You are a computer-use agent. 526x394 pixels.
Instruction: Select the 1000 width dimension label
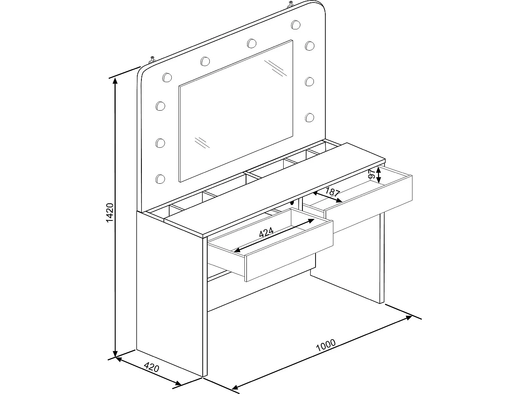click(326, 345)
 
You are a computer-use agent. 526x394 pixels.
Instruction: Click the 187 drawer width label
click(332, 191)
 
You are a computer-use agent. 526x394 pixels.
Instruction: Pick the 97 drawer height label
click(372, 174)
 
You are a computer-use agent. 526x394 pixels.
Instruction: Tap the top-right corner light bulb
click(295, 24)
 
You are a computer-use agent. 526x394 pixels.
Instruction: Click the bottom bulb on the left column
click(160, 178)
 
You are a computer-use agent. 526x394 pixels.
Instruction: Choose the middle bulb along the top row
click(251, 42)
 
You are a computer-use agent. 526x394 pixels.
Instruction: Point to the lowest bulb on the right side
click(309, 117)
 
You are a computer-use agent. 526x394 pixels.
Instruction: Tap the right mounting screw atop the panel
click(290, 5)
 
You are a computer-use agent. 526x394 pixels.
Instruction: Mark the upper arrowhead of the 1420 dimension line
click(116, 80)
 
